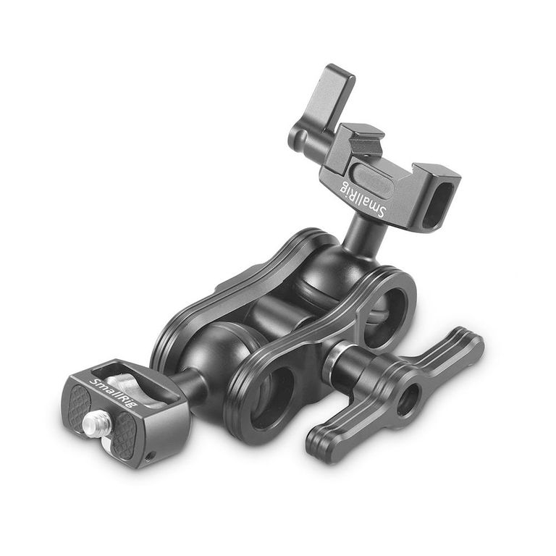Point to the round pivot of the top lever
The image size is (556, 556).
click(x=299, y=138)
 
